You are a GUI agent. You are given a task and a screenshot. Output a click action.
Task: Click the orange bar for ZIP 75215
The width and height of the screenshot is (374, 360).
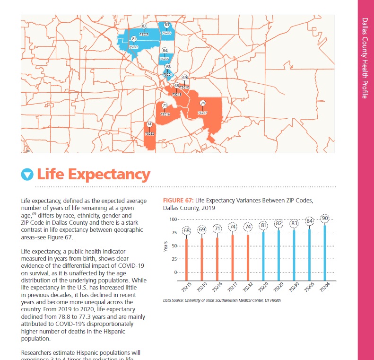(186, 255)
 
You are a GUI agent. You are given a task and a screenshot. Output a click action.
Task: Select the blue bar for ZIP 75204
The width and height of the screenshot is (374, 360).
(325, 251)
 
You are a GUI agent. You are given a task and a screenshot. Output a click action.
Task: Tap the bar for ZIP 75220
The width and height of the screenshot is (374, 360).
(263, 253)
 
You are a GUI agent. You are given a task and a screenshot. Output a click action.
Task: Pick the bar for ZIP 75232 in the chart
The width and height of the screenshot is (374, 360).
(248, 255)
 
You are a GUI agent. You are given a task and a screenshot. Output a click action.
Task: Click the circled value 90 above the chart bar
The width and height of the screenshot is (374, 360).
(325, 218)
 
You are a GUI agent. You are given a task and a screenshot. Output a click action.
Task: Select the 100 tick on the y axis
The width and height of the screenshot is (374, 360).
(172, 220)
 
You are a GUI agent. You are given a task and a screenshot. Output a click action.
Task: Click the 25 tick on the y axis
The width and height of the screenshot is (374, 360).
(173, 259)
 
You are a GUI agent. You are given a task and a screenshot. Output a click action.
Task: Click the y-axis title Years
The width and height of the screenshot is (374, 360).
(165, 246)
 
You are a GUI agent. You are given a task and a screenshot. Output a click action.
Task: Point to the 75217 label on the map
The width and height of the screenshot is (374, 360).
(202, 113)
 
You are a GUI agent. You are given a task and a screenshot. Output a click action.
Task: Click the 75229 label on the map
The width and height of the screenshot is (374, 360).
(144, 35)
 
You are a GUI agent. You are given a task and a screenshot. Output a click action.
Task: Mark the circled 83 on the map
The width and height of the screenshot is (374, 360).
(166, 24)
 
